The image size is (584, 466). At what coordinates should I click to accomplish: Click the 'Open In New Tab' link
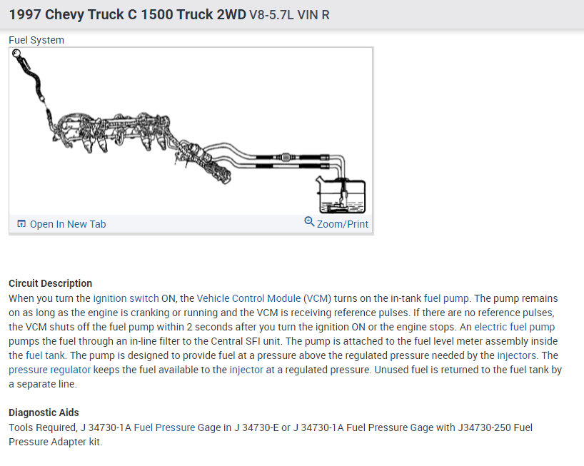coord(68,224)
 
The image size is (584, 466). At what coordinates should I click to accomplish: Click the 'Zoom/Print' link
coord(342,224)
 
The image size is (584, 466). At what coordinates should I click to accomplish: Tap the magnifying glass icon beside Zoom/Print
coord(309,222)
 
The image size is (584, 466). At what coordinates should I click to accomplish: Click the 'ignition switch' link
coord(126,298)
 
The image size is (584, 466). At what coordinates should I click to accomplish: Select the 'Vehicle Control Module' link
coord(248,298)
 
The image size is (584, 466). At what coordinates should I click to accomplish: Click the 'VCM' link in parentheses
coord(317,298)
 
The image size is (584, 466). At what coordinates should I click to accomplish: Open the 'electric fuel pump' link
coord(514,327)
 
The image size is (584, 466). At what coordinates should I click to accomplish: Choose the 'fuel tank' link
coord(45,355)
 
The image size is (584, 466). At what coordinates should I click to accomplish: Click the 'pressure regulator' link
coord(49,370)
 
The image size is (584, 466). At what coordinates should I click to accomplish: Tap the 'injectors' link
coord(517,355)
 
